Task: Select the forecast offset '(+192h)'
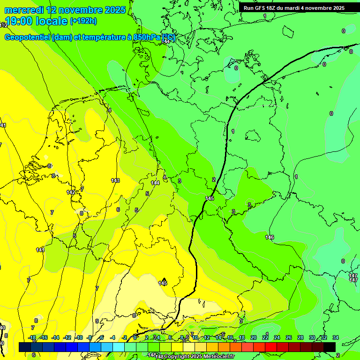coord(83,21)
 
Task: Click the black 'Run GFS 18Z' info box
coord(294,7)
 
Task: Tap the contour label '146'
coord(270,237)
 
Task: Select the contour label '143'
coord(115,180)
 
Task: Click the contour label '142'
coord(71,192)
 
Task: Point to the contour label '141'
coord(41,250)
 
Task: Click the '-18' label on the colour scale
coord(32,337)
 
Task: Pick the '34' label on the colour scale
coord(335,337)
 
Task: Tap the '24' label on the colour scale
coord(277,337)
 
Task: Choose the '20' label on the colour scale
coord(254,337)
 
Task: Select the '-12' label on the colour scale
coord(67,337)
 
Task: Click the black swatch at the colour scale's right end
coord(330,346)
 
